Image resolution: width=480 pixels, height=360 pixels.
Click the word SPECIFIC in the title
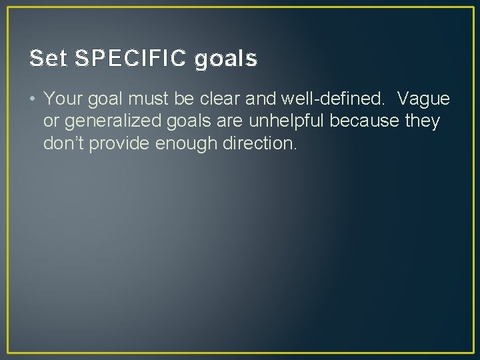[131, 59]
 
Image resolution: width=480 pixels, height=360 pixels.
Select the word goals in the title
[226, 60]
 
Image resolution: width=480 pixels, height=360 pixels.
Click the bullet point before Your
[33, 99]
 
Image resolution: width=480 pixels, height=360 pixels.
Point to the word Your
[62, 99]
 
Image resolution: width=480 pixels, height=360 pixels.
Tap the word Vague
[423, 99]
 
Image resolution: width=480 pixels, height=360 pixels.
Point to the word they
[421, 121]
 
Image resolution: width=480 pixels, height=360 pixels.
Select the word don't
[63, 143]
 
